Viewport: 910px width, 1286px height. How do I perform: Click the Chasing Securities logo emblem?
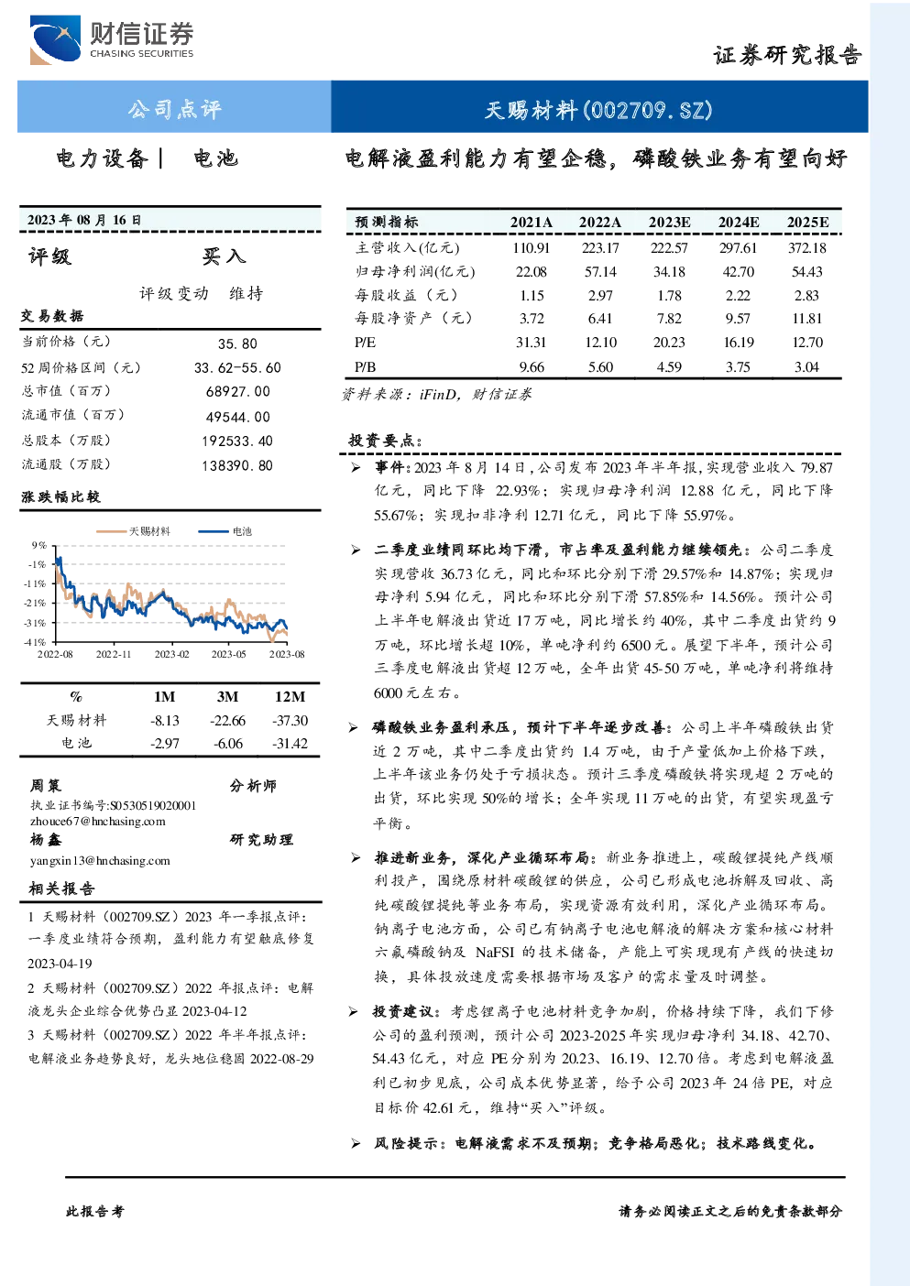click(55, 39)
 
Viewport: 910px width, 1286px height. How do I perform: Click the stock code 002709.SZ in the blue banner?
click(648, 110)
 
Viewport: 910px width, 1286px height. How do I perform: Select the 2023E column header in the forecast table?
click(669, 223)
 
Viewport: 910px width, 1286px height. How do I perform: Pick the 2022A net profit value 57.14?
click(600, 271)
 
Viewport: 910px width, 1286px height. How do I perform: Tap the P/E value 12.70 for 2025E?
click(807, 343)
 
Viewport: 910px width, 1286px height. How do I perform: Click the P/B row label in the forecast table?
click(366, 367)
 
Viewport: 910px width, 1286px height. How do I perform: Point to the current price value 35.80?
click(237, 343)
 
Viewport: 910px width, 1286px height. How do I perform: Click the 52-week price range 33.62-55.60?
click(237, 368)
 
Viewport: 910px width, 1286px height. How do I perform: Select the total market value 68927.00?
click(238, 391)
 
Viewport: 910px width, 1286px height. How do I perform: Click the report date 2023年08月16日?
click(84, 220)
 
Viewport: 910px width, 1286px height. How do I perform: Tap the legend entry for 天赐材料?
click(133, 531)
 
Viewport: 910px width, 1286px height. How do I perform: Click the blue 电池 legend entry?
click(225, 531)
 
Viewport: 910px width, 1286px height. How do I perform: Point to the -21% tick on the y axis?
click(35, 603)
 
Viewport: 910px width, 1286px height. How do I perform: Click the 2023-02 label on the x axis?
click(171, 654)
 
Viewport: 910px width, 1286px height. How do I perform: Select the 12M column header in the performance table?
click(290, 696)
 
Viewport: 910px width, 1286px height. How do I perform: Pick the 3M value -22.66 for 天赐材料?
click(227, 721)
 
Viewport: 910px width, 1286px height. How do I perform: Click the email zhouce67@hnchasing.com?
click(98, 822)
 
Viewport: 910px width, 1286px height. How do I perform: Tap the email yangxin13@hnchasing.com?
click(100, 861)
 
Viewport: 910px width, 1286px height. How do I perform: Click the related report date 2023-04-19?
click(60, 964)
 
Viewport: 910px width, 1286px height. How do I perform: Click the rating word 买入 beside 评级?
click(224, 256)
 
